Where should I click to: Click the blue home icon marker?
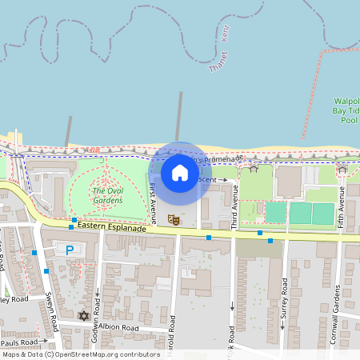coord(180,172)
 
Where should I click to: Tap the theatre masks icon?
coord(173,218)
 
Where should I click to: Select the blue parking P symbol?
coord(70,250)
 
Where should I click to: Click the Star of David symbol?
coord(83,316)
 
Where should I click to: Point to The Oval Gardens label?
coord(107,195)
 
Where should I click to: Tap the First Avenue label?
coord(153,201)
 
